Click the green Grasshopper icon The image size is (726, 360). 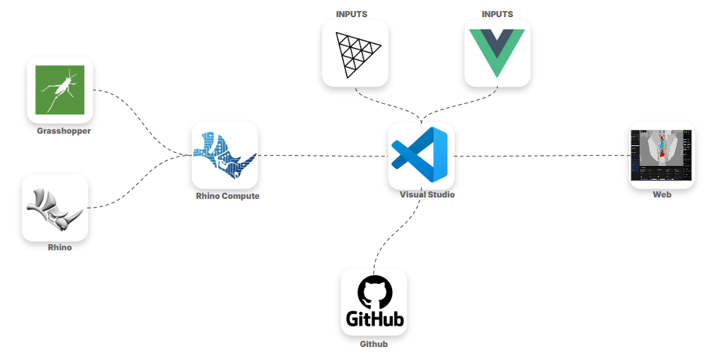tap(60, 89)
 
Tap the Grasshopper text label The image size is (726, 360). tap(64, 130)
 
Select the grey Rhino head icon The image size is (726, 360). tap(55, 207)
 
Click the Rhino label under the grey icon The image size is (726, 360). tap(60, 248)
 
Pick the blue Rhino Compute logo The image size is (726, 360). tap(224, 156)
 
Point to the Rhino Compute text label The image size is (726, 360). tap(228, 196)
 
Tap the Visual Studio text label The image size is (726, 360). tap(427, 195)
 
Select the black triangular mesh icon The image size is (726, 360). tap(355, 53)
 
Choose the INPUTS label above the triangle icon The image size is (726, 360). tap(352, 14)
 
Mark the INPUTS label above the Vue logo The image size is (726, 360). tap(497, 14)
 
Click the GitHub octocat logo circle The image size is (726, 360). tap(374, 292)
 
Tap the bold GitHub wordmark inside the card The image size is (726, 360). tap(374, 319)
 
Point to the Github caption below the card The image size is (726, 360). tap(374, 344)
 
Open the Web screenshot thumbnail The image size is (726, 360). tap(662, 155)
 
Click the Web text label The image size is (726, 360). tap(662, 195)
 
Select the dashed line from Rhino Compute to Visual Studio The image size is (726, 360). tap(322, 156)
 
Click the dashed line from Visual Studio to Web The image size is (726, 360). tap(542, 156)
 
